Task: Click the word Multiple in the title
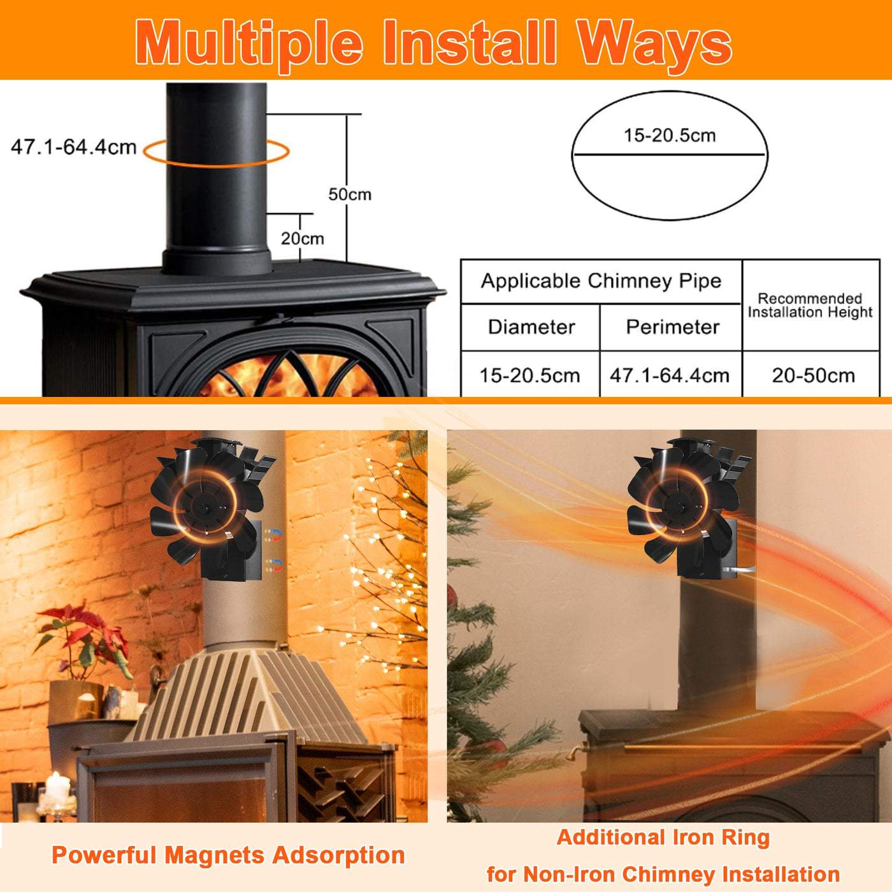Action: pyautogui.click(x=248, y=43)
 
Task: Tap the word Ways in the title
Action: pyautogui.click(x=654, y=43)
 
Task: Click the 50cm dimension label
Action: pyautogui.click(x=350, y=194)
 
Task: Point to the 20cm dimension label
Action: pyautogui.click(x=303, y=238)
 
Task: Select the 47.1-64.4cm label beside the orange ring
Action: pyautogui.click(x=74, y=147)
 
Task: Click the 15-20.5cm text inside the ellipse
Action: pyautogui.click(x=670, y=135)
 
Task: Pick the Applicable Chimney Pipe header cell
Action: pyautogui.click(x=601, y=281)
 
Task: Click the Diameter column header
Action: pyautogui.click(x=531, y=327)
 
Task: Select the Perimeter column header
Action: pyautogui.click(x=672, y=327)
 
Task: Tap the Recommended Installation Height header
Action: pyautogui.click(x=810, y=305)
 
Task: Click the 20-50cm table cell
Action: pyautogui.click(x=813, y=375)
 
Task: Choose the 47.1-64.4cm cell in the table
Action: pyautogui.click(x=670, y=375)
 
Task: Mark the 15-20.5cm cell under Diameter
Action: pyautogui.click(x=529, y=375)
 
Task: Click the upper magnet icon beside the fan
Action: pyautogui.click(x=273, y=535)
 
